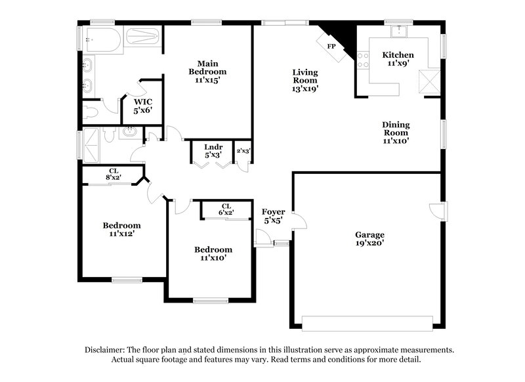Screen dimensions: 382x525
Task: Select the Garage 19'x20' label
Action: tap(369, 238)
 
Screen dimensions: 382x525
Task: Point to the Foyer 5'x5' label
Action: tap(274, 216)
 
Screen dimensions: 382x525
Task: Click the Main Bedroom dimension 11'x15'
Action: tap(207, 80)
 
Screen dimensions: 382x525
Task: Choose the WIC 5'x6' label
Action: tap(143, 107)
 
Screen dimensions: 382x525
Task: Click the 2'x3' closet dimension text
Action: tap(243, 151)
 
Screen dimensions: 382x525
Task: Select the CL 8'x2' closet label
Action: tap(114, 175)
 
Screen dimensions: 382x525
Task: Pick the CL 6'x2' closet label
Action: tap(226, 209)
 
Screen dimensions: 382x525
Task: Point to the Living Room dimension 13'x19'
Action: tap(305, 89)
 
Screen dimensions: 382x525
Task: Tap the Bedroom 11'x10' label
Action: tap(213, 253)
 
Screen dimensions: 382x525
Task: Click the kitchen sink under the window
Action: tap(398, 32)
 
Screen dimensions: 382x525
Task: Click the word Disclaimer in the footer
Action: tap(106, 350)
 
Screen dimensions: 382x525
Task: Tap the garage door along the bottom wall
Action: tap(367, 322)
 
